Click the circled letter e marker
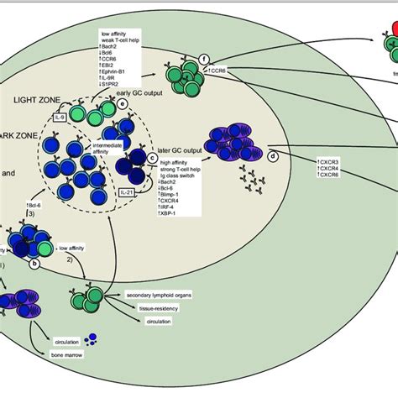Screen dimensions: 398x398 point(123,103)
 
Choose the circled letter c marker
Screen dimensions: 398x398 point(152,156)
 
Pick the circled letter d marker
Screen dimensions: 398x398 point(272,155)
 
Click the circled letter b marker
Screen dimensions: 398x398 point(34,263)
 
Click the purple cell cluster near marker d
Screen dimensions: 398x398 point(230,139)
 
